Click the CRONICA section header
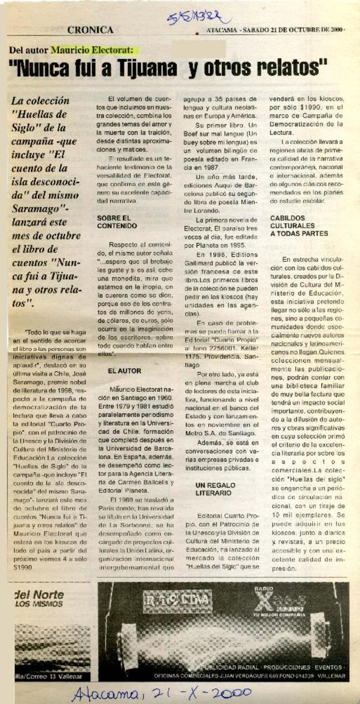[x=90, y=30]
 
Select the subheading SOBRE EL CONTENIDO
[x=117, y=221]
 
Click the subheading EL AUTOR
[x=124, y=371]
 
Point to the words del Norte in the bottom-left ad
[x=39, y=595]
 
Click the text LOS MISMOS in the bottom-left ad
[x=39, y=604]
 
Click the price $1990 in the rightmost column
[x=301, y=108]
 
